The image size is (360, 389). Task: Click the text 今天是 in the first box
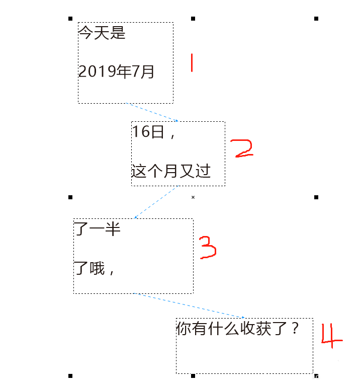coord(102,33)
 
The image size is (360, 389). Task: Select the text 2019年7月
coord(116,71)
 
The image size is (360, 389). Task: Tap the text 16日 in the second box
coord(148,131)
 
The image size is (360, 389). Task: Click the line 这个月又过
coord(171,171)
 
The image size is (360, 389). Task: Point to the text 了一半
coord(97,229)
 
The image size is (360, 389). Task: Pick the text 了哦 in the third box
coord(89,268)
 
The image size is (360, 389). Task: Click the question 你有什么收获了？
coord(237,328)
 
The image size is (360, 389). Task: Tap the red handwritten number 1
coord(192,63)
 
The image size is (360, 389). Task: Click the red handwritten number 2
coord(241,148)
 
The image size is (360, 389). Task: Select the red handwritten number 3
coord(208,248)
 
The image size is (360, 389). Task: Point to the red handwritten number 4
coord(332,336)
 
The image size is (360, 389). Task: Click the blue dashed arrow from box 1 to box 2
coord(152,112)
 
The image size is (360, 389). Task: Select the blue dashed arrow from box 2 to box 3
coord(156,202)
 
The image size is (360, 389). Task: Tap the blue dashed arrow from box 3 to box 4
coord(189,305)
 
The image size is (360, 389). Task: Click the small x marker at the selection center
coord(193,197)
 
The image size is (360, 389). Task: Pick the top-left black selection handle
coord(70,19)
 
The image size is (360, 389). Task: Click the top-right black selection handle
coord(316,19)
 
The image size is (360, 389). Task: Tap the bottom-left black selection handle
coord(70,376)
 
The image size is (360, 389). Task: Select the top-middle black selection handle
coord(193,19)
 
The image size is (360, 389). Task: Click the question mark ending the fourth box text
coord(295,328)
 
